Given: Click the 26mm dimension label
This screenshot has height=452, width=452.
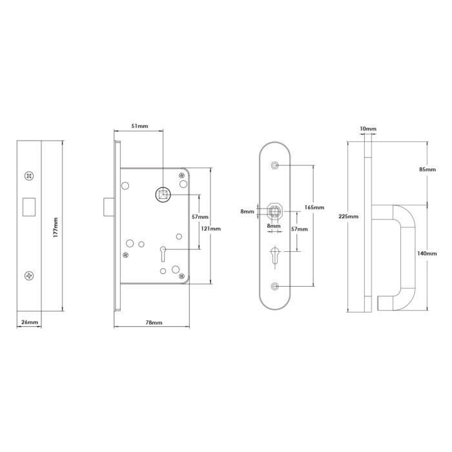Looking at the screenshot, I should [x=30, y=322].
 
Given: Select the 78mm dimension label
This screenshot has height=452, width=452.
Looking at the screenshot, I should [x=153, y=322].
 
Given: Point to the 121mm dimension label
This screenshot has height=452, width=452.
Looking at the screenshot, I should [x=211, y=228].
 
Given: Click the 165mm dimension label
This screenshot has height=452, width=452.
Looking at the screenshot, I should [x=313, y=207].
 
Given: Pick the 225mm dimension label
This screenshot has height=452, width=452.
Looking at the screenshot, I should [x=349, y=216].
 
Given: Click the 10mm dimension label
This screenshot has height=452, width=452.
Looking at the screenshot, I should [x=367, y=129].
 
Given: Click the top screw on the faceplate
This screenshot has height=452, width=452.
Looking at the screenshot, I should [x=30, y=175].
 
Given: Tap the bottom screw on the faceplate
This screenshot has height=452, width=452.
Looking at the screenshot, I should [x=30, y=276].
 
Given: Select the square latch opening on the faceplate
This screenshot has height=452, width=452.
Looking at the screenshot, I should [x=30, y=203].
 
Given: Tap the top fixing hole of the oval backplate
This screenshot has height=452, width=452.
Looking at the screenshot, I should [x=276, y=166].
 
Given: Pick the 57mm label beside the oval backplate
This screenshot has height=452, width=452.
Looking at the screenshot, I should [x=299, y=229].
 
